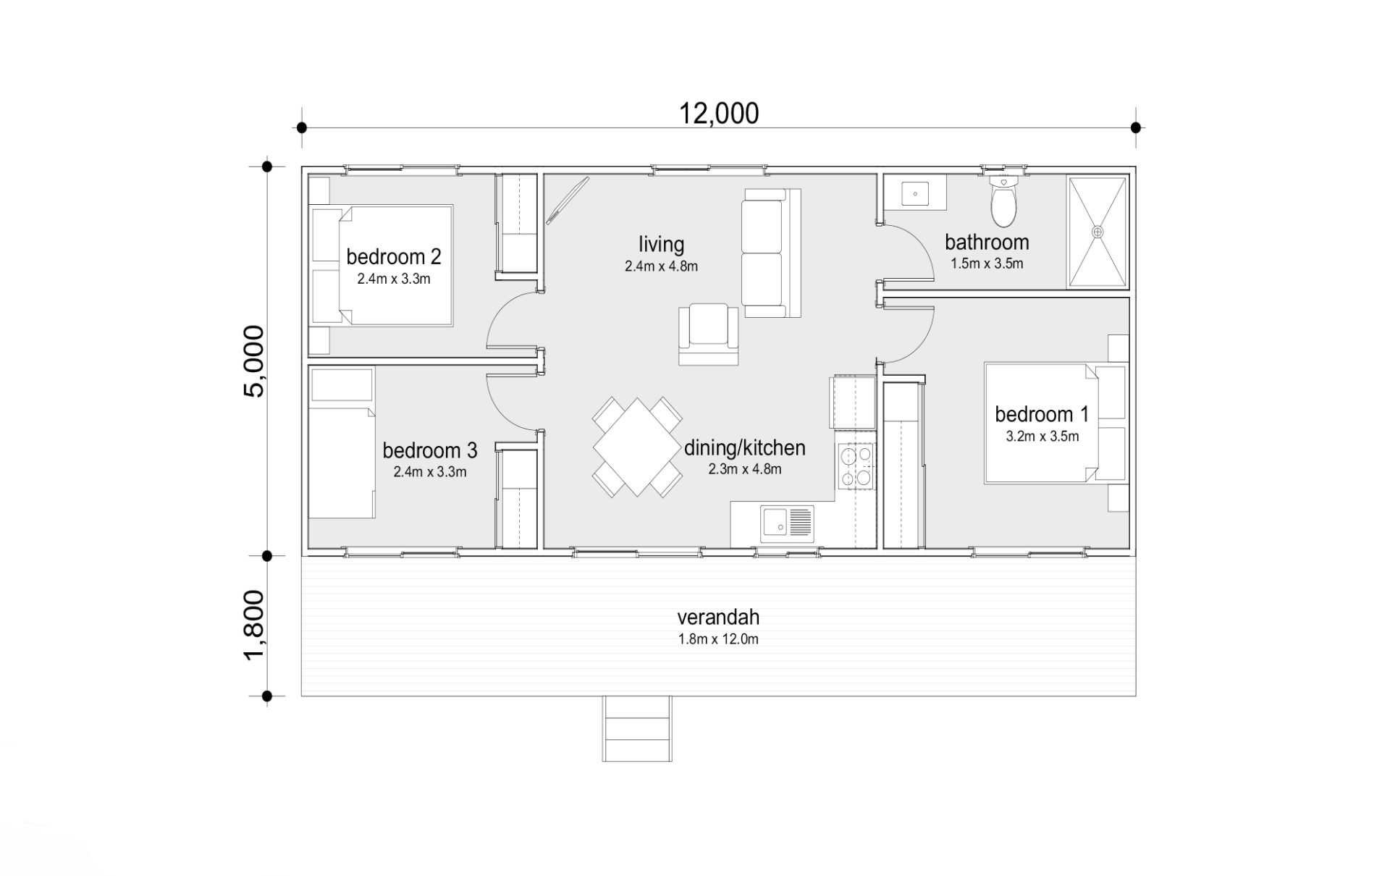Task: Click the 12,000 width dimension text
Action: (719, 114)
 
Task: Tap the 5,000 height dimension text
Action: (254, 361)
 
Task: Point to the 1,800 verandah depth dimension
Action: (254, 626)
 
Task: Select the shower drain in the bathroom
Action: (1098, 232)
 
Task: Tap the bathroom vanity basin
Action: (916, 194)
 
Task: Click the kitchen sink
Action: (787, 523)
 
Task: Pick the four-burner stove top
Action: (856, 466)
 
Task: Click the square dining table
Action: (637, 447)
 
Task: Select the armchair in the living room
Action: (709, 334)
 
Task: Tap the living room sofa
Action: (771, 253)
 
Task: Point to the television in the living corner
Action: (567, 200)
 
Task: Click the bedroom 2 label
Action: (394, 256)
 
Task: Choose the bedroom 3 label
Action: (430, 450)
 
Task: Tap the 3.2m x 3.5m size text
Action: (1042, 437)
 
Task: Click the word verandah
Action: (718, 617)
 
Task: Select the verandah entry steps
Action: (637, 728)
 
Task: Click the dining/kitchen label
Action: (745, 448)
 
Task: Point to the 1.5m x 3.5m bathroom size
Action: (987, 264)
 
